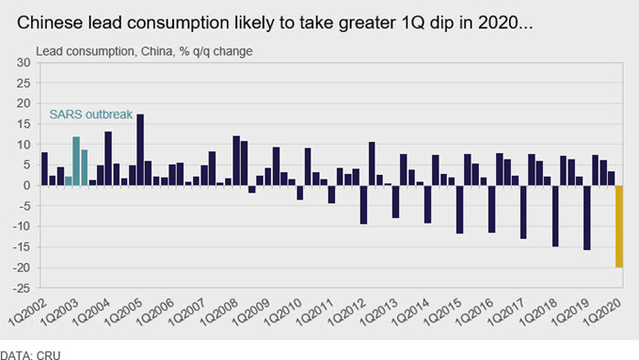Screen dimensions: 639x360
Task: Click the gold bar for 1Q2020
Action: coord(619,226)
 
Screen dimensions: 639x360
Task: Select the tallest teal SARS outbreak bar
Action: coord(76,161)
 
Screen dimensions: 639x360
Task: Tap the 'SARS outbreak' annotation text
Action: coord(91,115)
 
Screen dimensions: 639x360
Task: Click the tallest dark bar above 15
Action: coord(140,149)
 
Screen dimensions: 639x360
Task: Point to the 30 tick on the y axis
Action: coord(24,62)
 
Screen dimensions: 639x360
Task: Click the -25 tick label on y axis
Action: coord(22,289)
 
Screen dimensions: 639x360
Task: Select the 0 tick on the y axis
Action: coord(27,186)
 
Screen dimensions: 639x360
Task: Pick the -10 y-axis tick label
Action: coord(22,226)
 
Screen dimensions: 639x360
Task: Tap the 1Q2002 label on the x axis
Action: coord(27,311)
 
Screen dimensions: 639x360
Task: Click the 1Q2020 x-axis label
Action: coord(602,311)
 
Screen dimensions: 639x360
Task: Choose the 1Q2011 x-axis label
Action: coord(315,311)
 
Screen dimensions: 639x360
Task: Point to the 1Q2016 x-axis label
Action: coord(474,311)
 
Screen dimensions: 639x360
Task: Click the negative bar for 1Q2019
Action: coord(587,218)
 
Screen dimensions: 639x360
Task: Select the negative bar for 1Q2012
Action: coord(363,204)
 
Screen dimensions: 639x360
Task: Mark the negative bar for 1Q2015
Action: coord(460,210)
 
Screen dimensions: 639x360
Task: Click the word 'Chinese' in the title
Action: coord(49,23)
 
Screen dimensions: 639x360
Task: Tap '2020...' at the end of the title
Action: coord(505,23)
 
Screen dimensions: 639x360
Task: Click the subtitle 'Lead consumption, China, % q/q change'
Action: coord(145,51)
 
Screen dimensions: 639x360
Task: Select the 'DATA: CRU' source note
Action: coord(30,355)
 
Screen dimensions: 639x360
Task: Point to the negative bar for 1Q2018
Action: coord(555,216)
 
